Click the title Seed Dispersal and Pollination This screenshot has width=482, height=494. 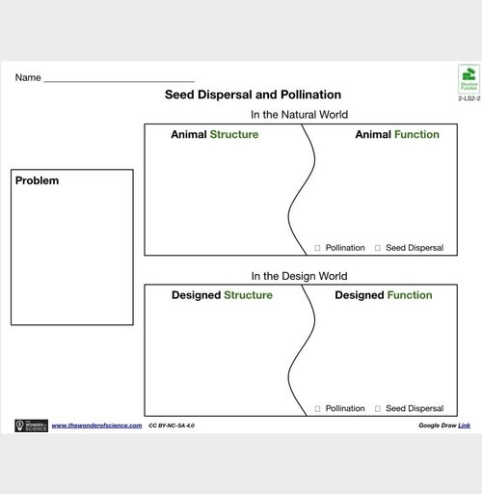click(x=253, y=95)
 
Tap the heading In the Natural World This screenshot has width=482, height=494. click(x=299, y=114)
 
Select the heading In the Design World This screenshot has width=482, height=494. click(x=299, y=275)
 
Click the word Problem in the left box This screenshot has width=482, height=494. click(x=37, y=180)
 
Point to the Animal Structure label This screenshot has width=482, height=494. click(x=214, y=135)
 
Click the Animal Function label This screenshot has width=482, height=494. click(x=396, y=135)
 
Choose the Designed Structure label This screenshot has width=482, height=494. click(x=222, y=295)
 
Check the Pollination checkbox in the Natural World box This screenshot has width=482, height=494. click(x=318, y=248)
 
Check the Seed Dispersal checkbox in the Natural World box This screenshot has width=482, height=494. click(x=378, y=248)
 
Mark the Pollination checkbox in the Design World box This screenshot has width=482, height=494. click(x=318, y=408)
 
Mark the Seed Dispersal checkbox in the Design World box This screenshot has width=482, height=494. click(x=378, y=408)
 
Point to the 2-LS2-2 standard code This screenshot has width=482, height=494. click(x=469, y=99)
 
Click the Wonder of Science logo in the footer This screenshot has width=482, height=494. click(x=31, y=425)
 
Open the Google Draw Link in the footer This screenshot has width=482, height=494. click(x=464, y=425)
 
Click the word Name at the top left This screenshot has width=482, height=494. click(x=28, y=77)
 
